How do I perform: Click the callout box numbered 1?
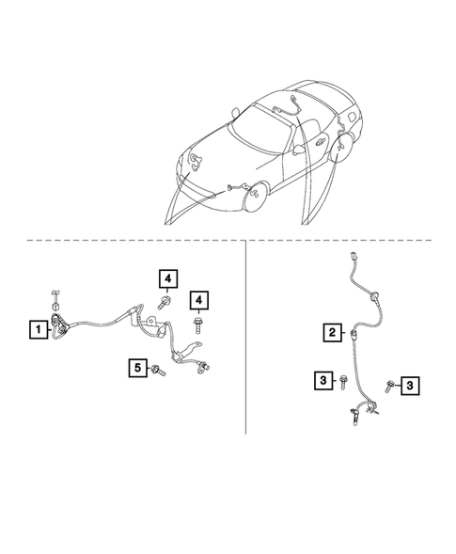[39, 329]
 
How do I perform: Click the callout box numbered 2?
[332, 331]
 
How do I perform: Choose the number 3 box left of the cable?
[322, 380]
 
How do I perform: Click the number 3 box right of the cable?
[410, 384]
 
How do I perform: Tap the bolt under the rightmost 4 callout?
[198, 324]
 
